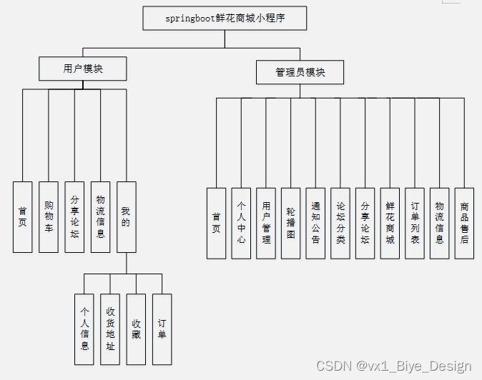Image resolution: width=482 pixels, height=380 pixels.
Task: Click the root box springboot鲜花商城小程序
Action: (x=225, y=18)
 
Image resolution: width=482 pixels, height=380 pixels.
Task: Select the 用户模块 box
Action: (x=83, y=69)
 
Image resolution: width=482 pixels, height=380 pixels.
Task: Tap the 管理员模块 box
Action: (x=300, y=72)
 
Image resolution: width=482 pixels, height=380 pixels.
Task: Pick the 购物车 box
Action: (x=49, y=216)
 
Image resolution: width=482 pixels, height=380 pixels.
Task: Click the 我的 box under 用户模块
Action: (x=126, y=216)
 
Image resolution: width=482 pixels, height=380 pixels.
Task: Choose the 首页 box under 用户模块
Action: (x=23, y=216)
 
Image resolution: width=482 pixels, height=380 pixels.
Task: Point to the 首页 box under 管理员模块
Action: (x=216, y=223)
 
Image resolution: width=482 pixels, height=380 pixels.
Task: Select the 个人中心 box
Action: (x=241, y=223)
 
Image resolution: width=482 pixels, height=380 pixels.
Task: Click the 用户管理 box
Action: (x=266, y=223)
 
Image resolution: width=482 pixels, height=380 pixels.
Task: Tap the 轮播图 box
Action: (x=290, y=223)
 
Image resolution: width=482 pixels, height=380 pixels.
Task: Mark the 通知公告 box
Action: (x=315, y=223)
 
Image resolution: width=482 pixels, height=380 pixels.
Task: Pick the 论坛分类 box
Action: (x=340, y=223)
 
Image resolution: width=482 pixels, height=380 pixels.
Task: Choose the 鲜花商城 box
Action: (x=390, y=223)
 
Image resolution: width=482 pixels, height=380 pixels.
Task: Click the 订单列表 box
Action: (x=415, y=223)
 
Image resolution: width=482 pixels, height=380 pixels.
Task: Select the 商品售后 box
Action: (x=464, y=223)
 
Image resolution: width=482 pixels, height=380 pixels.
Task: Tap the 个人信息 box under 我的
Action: (x=84, y=329)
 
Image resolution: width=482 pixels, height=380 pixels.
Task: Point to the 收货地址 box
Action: (x=110, y=329)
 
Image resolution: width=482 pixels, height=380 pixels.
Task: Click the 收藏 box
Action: (x=136, y=329)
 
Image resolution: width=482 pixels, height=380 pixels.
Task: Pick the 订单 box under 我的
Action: (x=162, y=329)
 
